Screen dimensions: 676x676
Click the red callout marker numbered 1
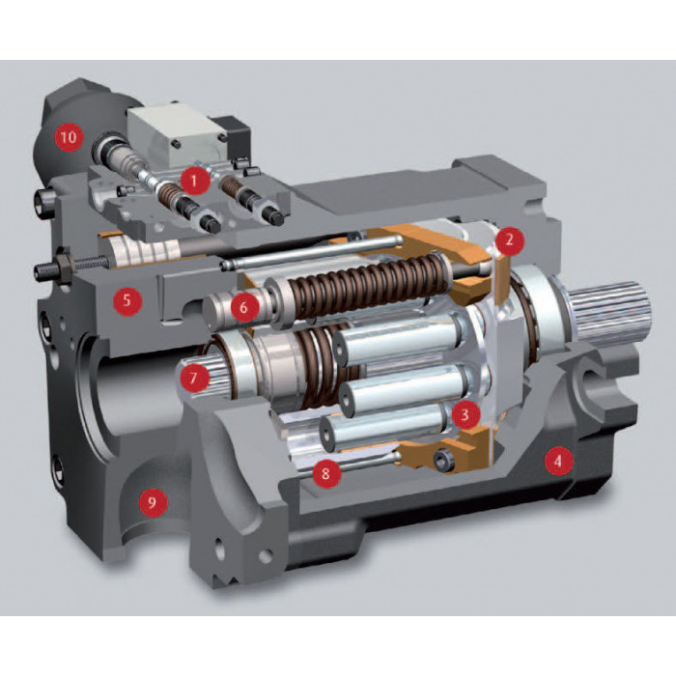click(194, 182)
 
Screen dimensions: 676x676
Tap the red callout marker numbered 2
click(510, 239)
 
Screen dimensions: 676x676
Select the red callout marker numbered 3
click(465, 414)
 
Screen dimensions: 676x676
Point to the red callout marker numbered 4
click(558, 462)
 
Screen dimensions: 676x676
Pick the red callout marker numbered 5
click(127, 300)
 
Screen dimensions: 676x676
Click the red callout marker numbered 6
click(244, 308)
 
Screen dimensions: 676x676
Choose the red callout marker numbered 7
click(193, 379)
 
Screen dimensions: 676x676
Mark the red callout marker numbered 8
click(325, 473)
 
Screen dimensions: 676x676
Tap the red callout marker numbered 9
click(152, 502)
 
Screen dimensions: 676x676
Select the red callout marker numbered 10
click(69, 138)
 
